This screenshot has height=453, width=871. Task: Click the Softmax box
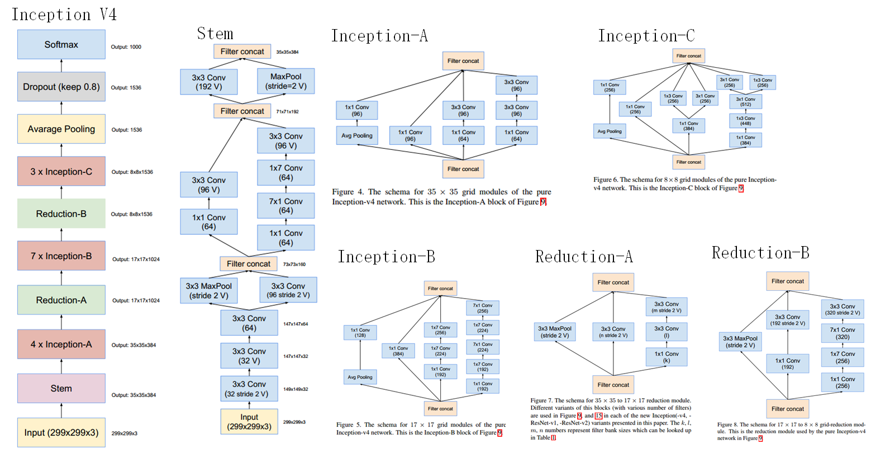point(61,45)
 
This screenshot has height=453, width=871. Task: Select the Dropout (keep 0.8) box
point(61,87)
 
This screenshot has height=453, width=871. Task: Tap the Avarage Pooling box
point(61,129)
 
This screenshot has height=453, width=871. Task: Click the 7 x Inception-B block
point(61,256)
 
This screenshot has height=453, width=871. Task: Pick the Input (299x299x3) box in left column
point(61,432)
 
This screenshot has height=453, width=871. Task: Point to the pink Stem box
point(61,389)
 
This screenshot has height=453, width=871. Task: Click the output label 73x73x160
point(294,265)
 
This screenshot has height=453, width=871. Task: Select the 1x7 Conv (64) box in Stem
point(285,173)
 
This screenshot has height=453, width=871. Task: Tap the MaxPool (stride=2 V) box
point(285,82)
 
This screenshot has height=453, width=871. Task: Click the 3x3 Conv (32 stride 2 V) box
point(249,389)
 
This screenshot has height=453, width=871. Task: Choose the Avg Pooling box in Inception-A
point(356,136)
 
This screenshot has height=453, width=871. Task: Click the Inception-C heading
point(646,36)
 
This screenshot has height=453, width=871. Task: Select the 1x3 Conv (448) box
point(745,121)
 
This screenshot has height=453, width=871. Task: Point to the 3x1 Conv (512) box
point(745,102)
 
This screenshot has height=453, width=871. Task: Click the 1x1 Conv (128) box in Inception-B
point(360,333)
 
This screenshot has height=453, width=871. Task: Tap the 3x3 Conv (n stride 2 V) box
point(613,332)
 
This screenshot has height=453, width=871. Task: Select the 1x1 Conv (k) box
point(666,357)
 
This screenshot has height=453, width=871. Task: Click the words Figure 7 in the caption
point(541,400)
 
